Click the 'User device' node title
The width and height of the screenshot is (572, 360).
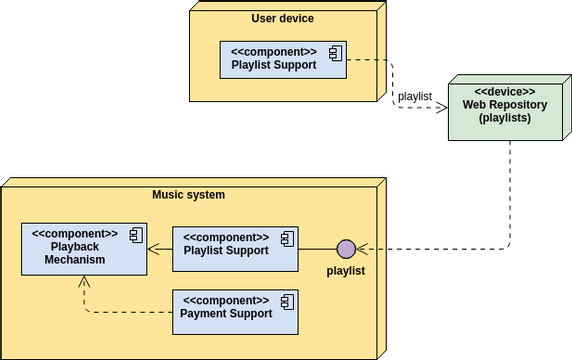tap(282, 18)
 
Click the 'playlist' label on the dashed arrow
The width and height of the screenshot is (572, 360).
tap(415, 96)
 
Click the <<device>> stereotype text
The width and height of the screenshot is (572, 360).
tap(504, 92)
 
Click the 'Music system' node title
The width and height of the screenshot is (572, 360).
tap(188, 194)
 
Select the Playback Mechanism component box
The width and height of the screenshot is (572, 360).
tap(84, 249)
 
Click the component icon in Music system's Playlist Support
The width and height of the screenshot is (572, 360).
tap(286, 238)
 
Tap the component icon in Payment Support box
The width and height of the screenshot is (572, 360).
tap(286, 301)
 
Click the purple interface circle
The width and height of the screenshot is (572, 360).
tap(346, 249)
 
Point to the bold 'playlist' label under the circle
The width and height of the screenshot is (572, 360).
tap(346, 271)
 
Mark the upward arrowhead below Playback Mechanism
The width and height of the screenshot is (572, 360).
tap(84, 284)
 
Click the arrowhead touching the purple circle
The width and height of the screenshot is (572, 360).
tap(363, 249)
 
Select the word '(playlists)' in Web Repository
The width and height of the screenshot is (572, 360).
tap(504, 118)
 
